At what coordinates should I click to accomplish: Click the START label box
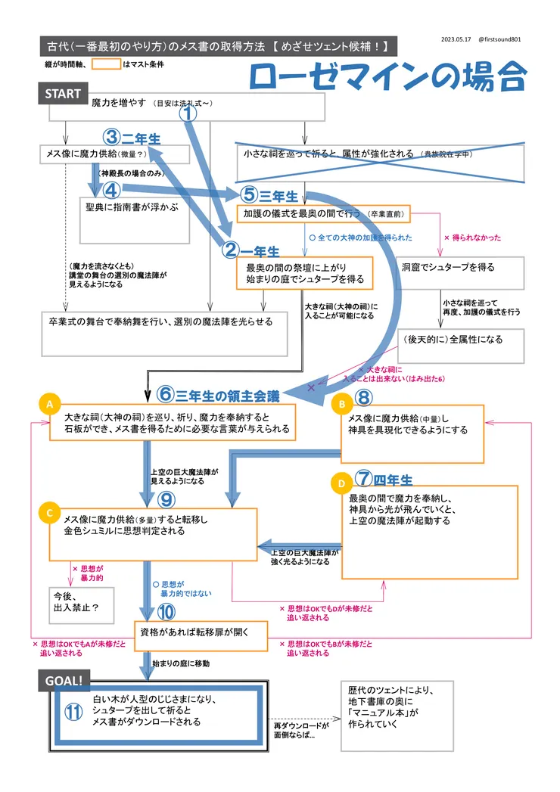[x=63, y=94]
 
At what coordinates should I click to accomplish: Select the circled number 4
[x=112, y=189]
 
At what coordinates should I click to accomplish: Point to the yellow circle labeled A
[x=49, y=405]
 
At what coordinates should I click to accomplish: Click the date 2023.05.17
[x=456, y=39]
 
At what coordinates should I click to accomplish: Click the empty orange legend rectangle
[x=106, y=64]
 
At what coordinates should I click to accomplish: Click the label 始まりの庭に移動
[x=181, y=663]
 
